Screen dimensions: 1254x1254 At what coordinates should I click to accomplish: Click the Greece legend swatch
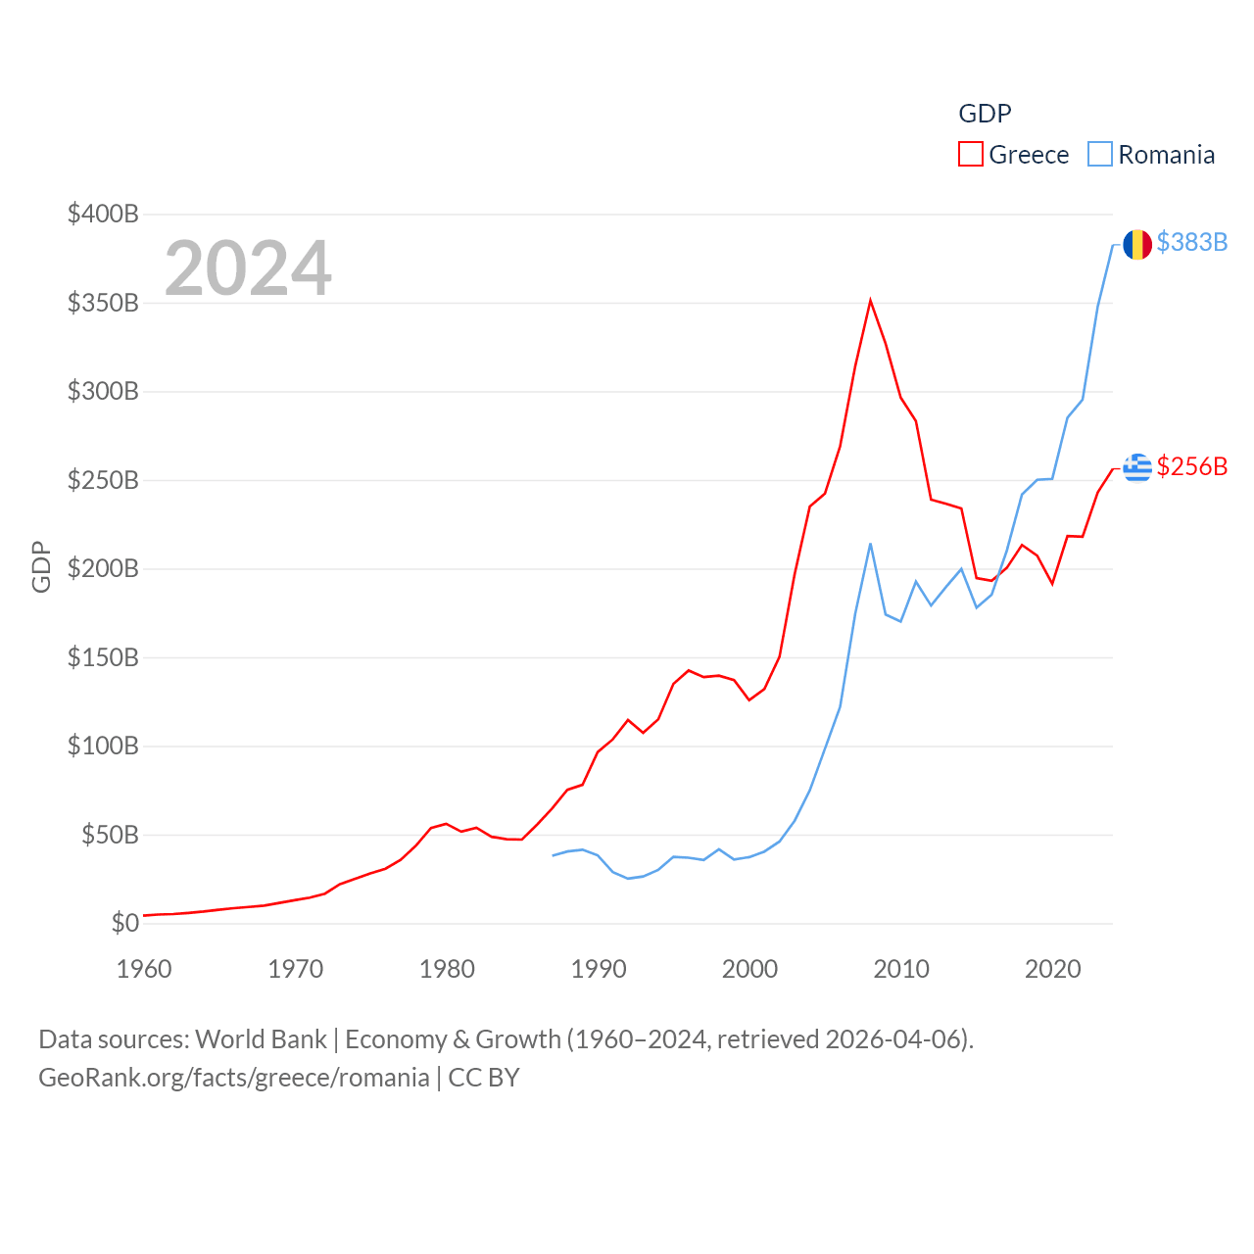970,155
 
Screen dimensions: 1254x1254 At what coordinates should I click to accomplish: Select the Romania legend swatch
1100,155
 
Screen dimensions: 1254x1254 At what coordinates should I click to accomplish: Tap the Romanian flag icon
1136,244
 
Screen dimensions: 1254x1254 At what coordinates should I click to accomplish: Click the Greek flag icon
1136,467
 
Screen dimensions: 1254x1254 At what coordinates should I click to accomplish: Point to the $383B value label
1191,242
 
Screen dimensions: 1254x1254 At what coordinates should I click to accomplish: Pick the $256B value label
1191,466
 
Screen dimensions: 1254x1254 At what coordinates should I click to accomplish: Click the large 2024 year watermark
248,268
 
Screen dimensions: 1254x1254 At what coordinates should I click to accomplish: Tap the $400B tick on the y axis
103,214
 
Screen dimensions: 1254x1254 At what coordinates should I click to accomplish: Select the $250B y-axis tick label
103,480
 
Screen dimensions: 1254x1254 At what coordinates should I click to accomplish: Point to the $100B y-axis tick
103,746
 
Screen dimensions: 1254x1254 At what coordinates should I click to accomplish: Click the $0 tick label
124,923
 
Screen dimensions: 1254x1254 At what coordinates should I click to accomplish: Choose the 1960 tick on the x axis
144,969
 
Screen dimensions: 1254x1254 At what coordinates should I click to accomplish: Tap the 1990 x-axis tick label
599,969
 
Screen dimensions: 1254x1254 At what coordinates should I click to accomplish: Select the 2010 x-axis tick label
901,969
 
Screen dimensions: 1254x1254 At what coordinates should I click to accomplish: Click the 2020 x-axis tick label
1053,969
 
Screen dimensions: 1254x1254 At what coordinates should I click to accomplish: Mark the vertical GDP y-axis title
41,566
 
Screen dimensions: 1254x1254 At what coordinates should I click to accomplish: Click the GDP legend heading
985,114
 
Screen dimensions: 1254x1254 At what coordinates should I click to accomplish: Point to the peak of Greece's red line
870,301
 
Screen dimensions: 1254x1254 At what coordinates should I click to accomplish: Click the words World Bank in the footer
261,1038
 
